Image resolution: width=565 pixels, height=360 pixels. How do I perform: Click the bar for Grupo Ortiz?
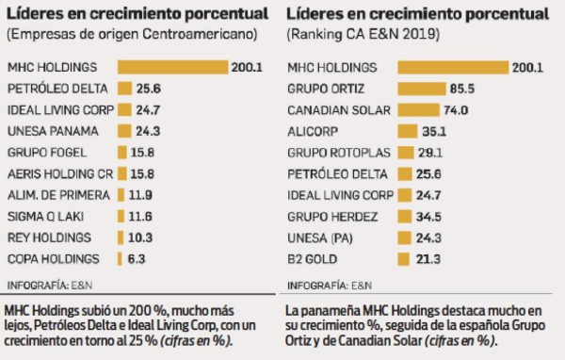point(421,89)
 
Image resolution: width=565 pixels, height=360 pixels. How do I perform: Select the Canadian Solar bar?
point(416,109)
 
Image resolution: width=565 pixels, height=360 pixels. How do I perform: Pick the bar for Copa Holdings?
point(120,257)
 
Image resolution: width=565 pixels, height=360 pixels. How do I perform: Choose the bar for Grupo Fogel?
point(122,152)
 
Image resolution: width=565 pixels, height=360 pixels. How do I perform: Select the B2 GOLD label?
point(311,257)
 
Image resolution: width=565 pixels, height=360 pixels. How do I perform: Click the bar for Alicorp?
point(407,131)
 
